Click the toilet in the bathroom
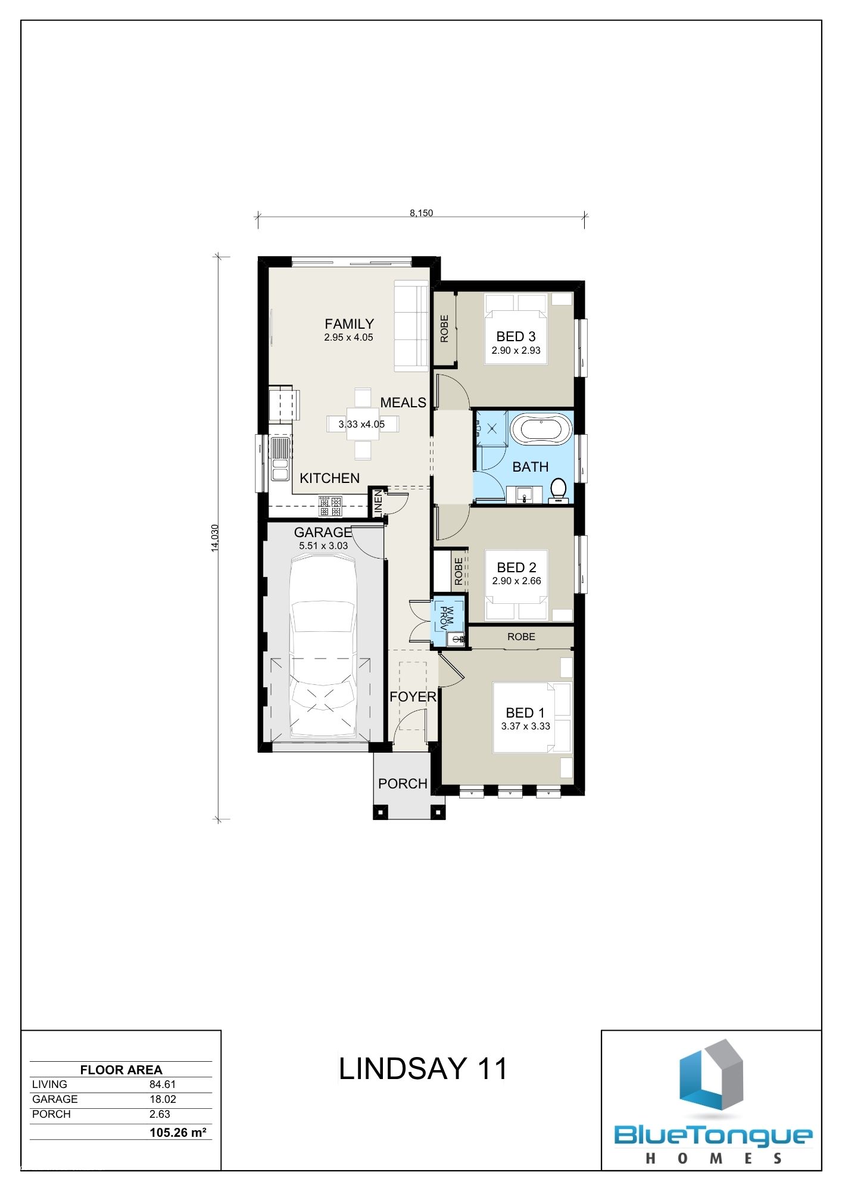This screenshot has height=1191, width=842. tap(559, 491)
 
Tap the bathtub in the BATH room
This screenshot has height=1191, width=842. tap(541, 429)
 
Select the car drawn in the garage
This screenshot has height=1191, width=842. tap(322, 646)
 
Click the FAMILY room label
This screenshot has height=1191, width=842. tap(350, 324)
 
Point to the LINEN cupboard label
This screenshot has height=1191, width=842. tap(378, 503)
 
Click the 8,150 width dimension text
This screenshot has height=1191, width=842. tap(421, 213)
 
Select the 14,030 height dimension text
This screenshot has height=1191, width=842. tap(215, 538)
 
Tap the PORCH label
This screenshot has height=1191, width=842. tap(403, 784)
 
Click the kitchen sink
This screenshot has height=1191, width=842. tap(279, 458)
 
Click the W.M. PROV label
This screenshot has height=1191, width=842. tap(446, 618)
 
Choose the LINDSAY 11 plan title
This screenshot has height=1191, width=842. tap(423, 1068)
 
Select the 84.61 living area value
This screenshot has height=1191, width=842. tap(163, 1084)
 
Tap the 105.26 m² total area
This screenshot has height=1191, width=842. tap(178, 1132)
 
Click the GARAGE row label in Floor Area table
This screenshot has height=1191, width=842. tap(55, 1099)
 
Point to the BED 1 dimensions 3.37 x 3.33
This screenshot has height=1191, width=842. tap(526, 726)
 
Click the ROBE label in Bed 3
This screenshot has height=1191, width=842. tap(444, 329)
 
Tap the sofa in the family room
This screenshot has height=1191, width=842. tap(411, 328)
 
